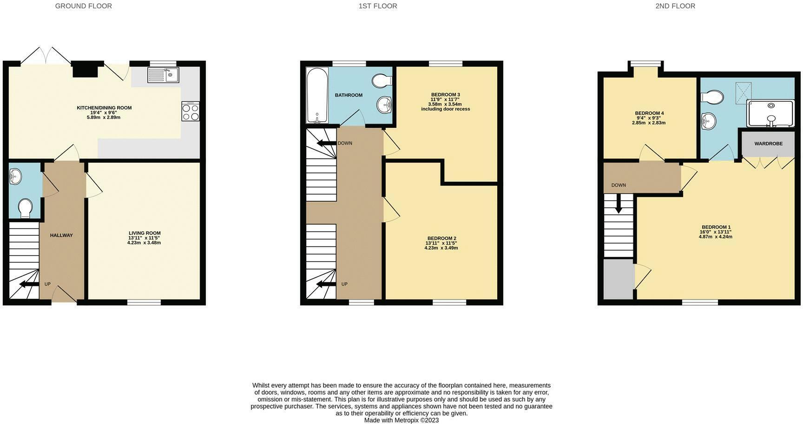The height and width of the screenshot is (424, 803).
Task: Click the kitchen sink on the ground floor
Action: [x=163, y=75]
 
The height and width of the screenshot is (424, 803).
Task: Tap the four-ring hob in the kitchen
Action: [x=191, y=112]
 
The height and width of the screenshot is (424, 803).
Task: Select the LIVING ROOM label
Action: [x=145, y=233]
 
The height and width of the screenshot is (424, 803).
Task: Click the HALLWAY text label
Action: [x=61, y=235]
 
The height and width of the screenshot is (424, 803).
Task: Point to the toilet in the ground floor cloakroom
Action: [x=24, y=208]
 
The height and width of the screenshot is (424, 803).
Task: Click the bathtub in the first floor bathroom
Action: [x=317, y=95]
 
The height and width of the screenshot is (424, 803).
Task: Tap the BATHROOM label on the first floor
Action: [x=349, y=95]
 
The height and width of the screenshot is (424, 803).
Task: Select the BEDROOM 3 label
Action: [x=445, y=95]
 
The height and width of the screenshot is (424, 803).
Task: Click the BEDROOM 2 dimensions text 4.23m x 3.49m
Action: [x=441, y=248]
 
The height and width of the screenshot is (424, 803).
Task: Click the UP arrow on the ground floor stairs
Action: [x=29, y=284]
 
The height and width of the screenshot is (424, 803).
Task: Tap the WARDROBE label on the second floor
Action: [x=768, y=144]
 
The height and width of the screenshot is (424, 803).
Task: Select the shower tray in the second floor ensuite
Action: [x=770, y=113]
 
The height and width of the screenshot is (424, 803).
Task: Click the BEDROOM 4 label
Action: [x=649, y=113]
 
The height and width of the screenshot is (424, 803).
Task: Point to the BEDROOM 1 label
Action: [x=716, y=227]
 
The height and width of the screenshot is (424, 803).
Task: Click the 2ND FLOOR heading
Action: [x=675, y=6]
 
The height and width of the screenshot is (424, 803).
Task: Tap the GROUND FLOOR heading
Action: [x=84, y=6]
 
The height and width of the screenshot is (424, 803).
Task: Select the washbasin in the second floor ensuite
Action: [x=709, y=121]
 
